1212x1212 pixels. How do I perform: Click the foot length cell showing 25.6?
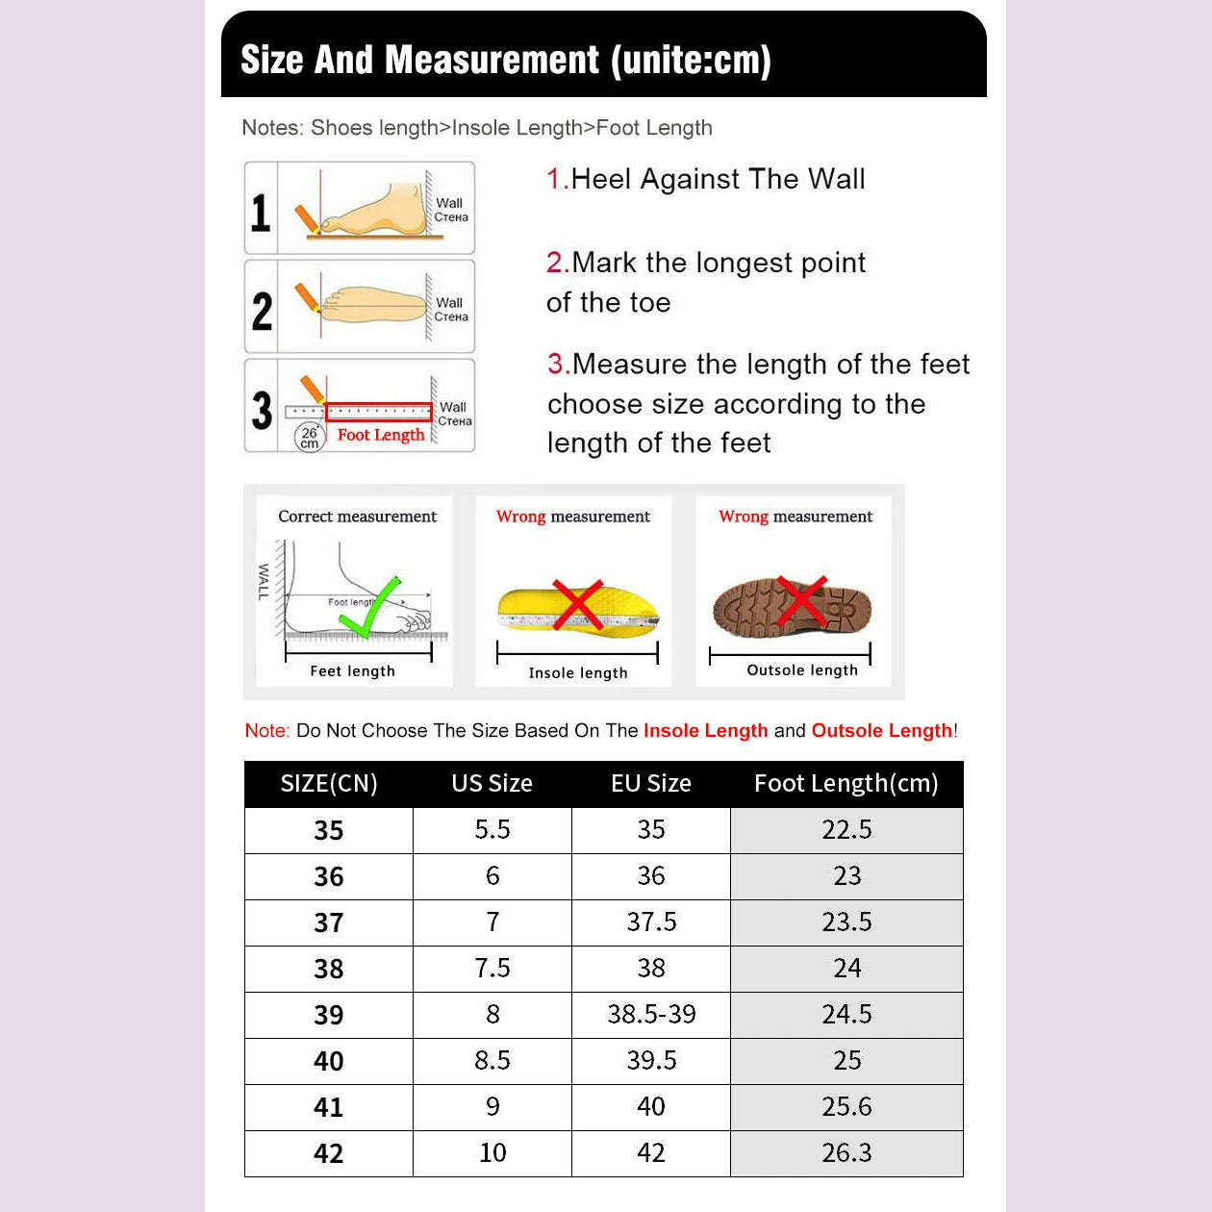846,1106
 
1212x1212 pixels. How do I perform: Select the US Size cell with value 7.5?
492,968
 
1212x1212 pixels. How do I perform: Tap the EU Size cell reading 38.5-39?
651,1014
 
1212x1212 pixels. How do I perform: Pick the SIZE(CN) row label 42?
328,1152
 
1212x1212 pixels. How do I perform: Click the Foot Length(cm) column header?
846,783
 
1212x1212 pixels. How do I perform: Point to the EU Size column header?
651,783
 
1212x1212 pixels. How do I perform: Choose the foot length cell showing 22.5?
846,829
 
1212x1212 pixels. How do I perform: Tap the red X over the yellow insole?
577,604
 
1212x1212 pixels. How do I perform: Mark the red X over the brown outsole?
801,601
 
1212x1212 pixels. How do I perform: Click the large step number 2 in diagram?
262,311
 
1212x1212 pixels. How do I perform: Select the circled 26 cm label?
309,438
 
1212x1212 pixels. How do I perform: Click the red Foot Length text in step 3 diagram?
381,435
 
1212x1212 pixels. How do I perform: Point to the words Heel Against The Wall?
718,179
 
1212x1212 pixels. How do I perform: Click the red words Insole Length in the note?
705,730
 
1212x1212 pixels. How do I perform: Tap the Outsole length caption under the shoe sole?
802,670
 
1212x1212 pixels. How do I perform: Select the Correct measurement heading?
357,517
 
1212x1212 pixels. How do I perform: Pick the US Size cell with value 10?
492,1152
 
